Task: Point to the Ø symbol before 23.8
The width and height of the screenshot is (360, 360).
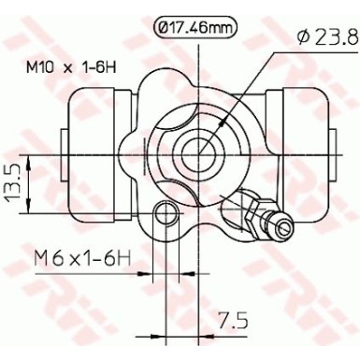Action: click(x=301, y=38)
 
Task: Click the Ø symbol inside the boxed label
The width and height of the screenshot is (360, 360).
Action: click(x=162, y=29)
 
